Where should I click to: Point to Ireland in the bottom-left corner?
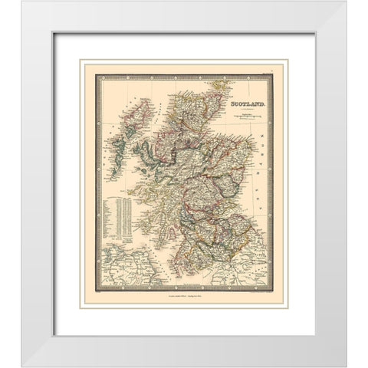(x=127, y=277)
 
